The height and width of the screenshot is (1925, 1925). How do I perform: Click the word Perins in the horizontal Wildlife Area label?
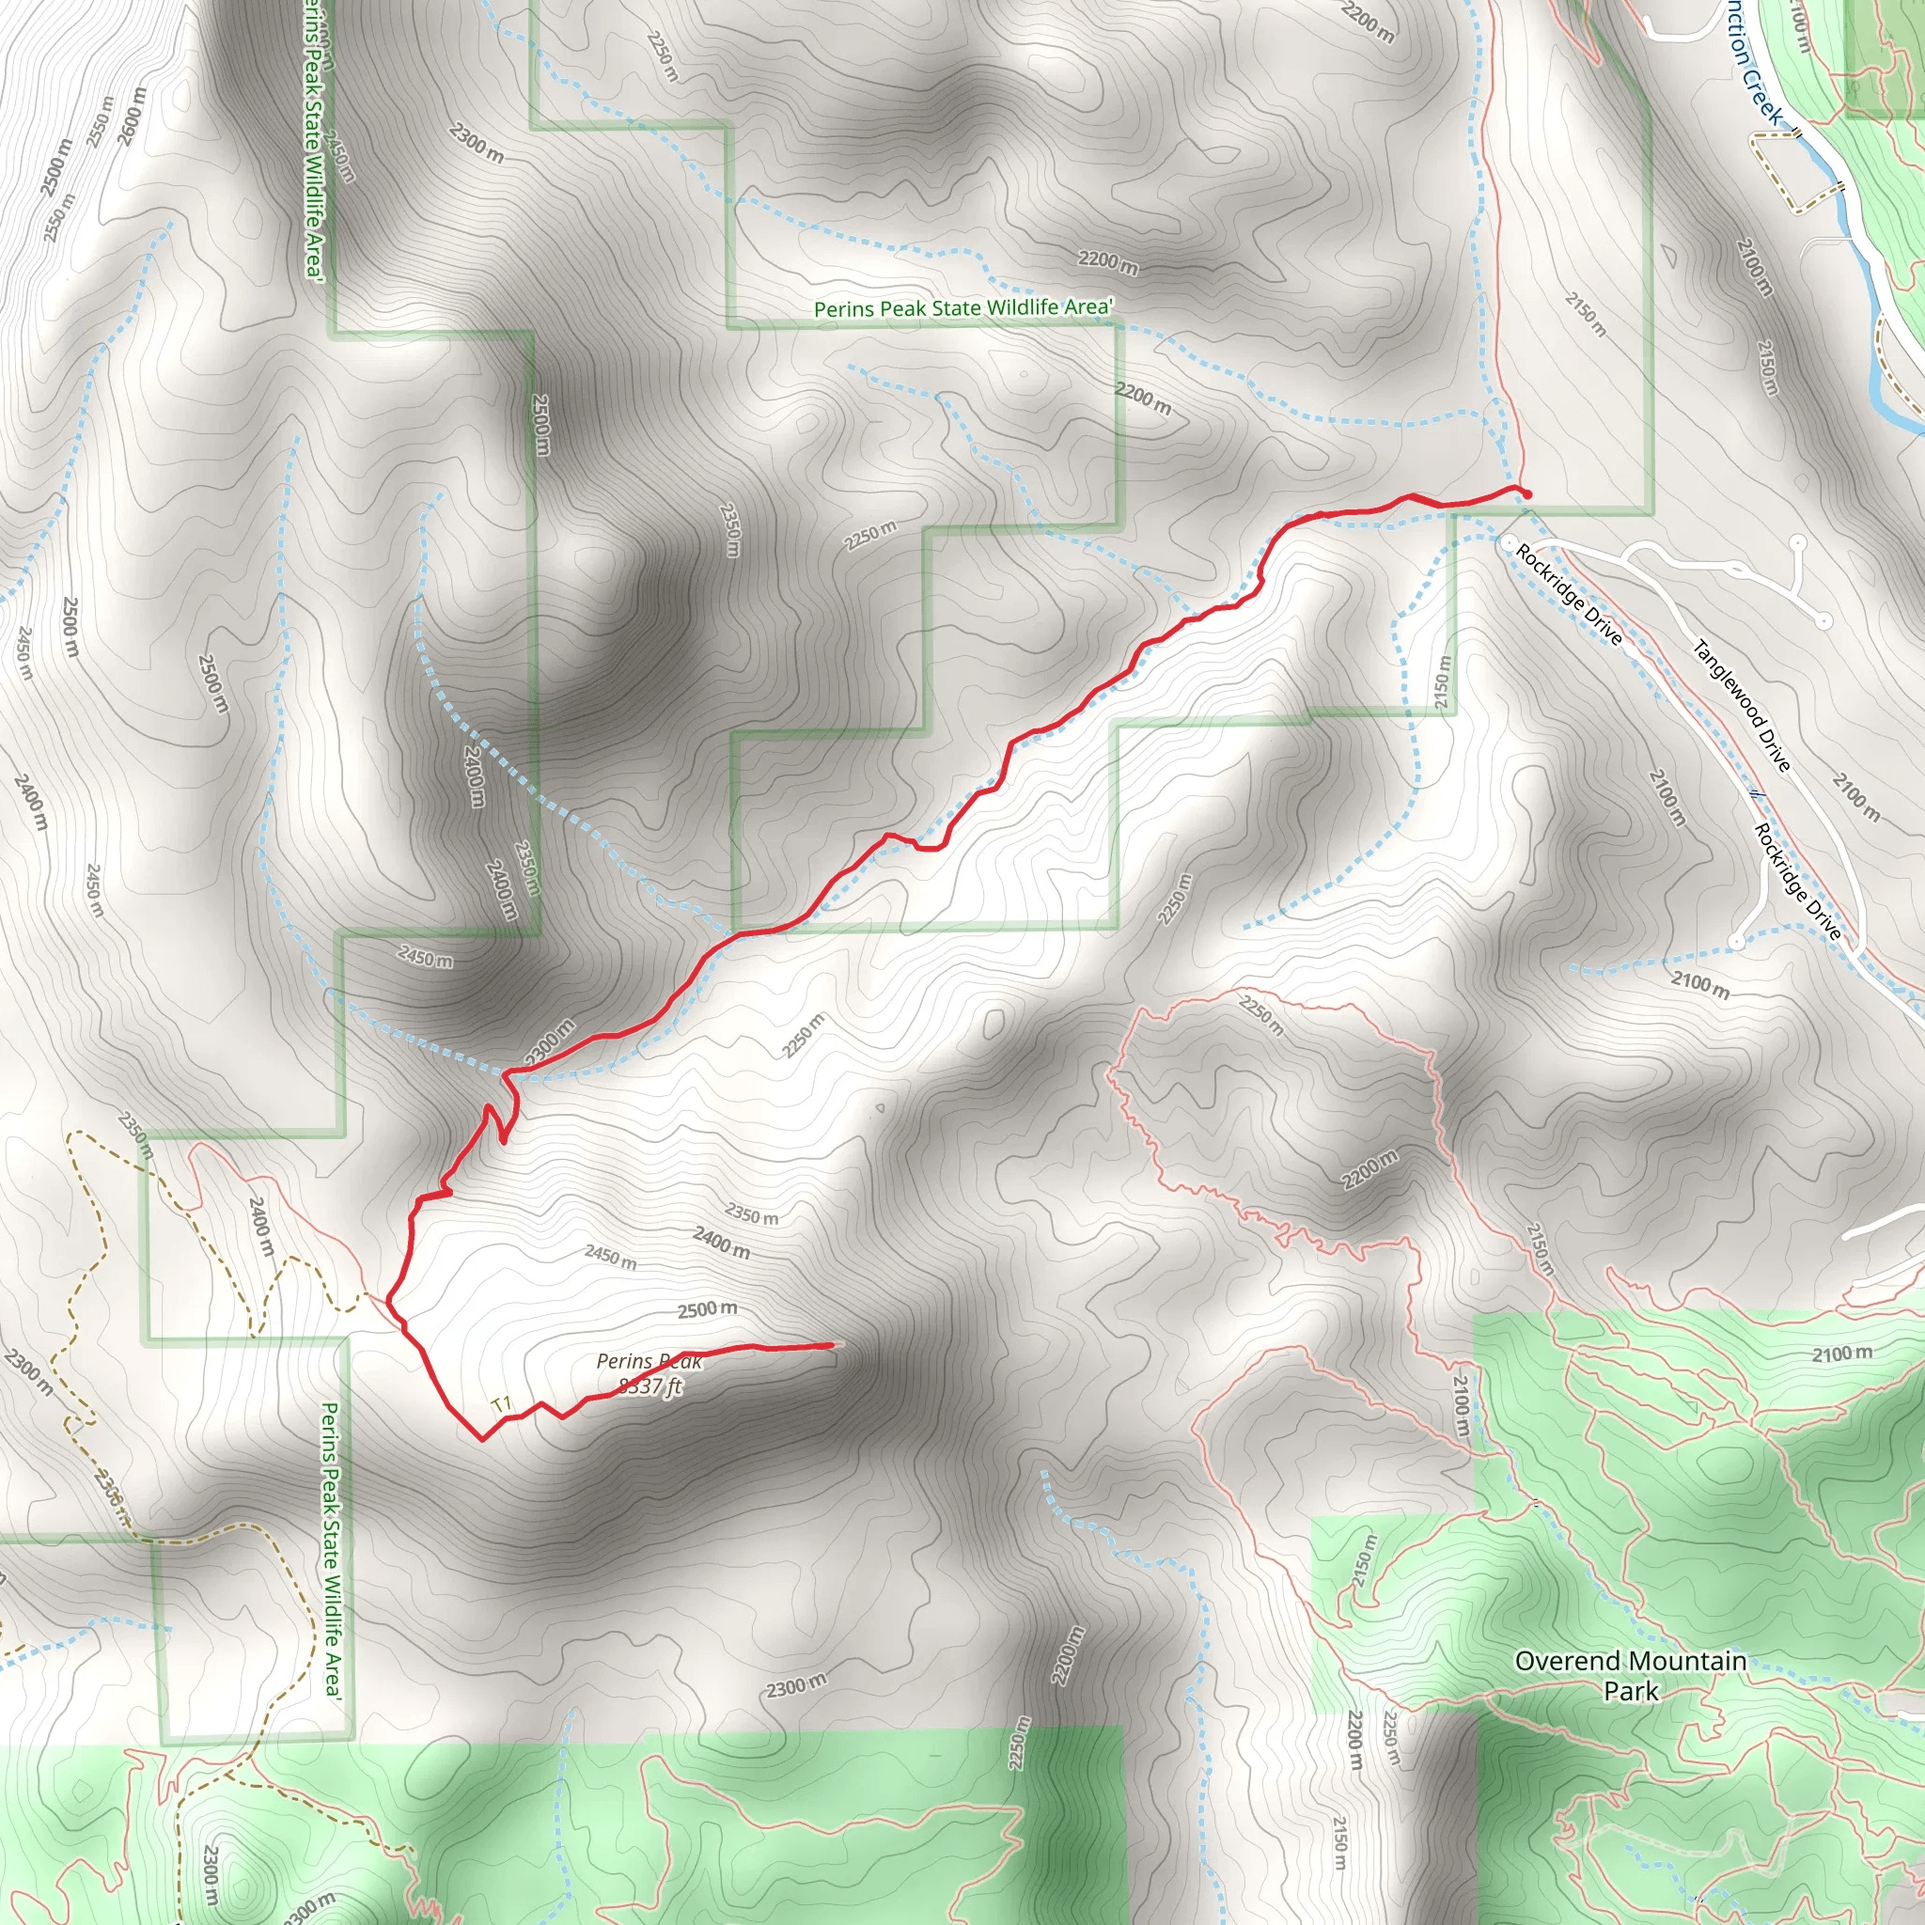point(842,310)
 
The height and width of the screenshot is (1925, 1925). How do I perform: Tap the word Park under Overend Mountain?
point(1631,1691)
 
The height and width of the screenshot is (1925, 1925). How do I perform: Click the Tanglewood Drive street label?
point(1742,707)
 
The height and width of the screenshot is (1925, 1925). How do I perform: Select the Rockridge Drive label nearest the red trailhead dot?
point(1570,594)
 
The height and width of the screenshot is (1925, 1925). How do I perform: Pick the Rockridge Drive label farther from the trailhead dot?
point(1797,882)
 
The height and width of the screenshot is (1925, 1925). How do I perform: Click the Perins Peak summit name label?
point(649,1362)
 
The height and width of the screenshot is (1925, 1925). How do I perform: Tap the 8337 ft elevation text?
point(650,1387)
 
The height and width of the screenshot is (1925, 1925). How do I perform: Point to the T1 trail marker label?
point(501,1406)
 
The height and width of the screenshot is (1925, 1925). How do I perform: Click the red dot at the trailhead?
point(1527,494)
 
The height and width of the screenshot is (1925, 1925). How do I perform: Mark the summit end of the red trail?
point(831,1345)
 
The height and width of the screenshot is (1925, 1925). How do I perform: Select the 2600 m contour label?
point(132,116)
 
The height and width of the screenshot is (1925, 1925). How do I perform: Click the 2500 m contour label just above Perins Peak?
point(708,1309)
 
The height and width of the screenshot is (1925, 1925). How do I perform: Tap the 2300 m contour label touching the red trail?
point(550,1041)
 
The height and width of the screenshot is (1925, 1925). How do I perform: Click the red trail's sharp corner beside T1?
point(483,1439)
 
